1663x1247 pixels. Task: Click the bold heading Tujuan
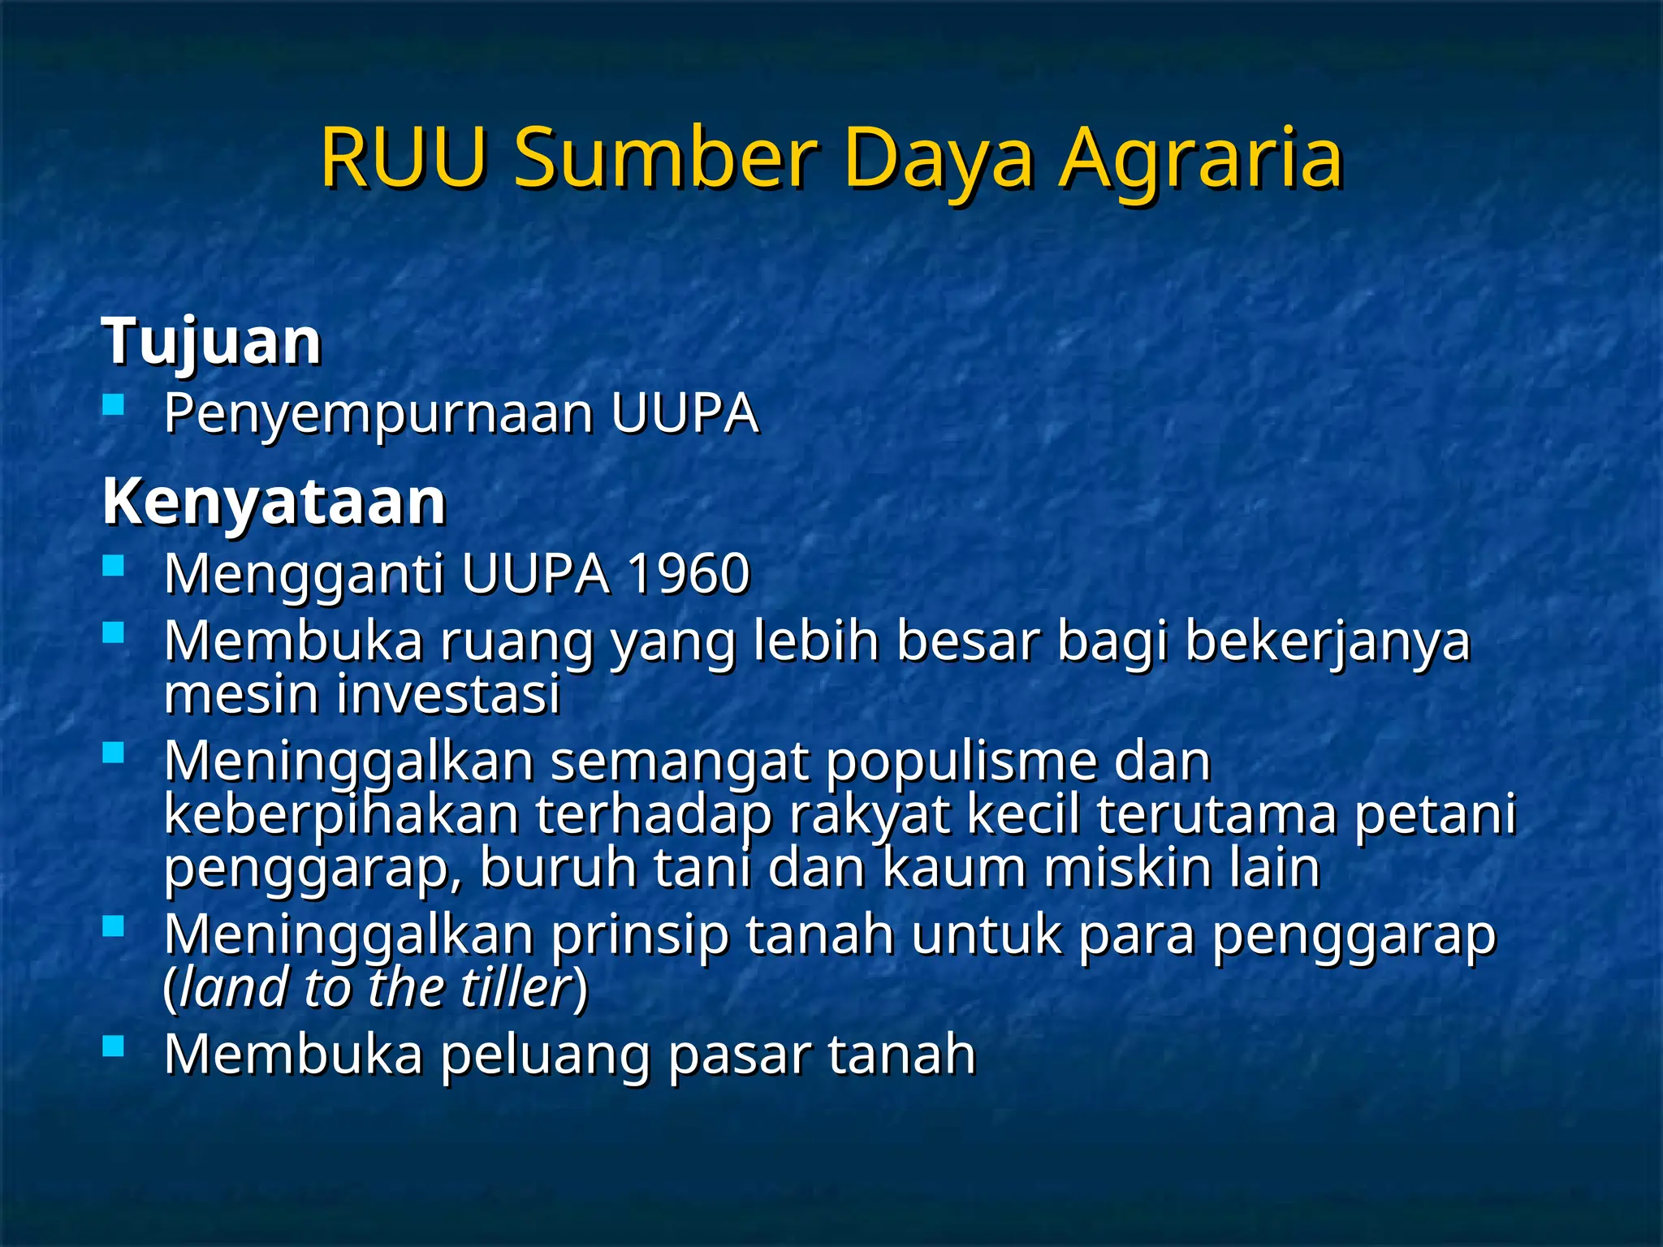[x=212, y=342]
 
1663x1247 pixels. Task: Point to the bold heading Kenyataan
[x=274, y=502]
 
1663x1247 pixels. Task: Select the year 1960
[x=689, y=574]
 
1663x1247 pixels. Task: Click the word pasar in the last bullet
[x=740, y=1055]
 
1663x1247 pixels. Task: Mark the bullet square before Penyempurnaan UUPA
[x=114, y=403]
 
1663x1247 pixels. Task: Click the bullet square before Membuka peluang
[x=114, y=1046]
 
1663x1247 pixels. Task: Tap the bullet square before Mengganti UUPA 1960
[x=114, y=565]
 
